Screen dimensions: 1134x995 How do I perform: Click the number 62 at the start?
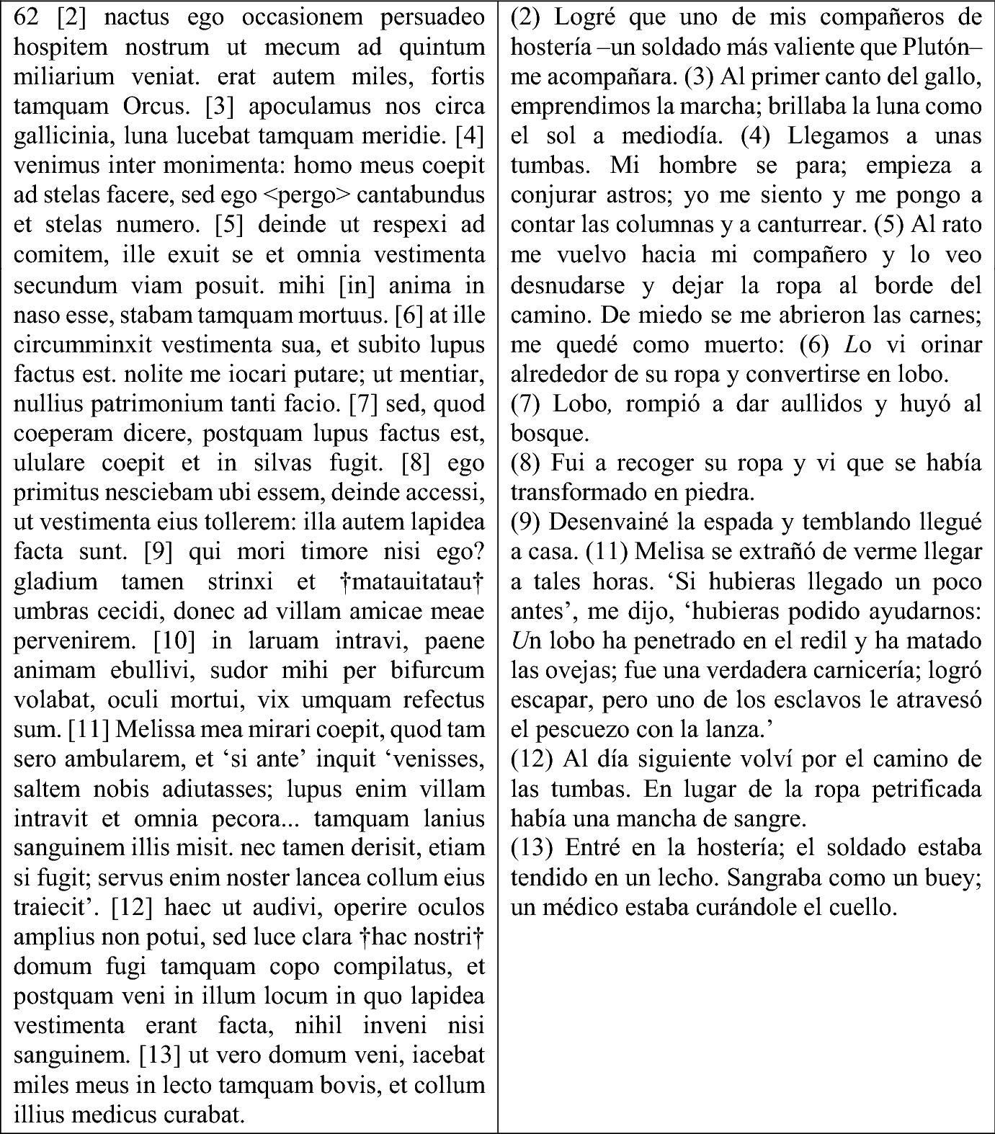[26, 17]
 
